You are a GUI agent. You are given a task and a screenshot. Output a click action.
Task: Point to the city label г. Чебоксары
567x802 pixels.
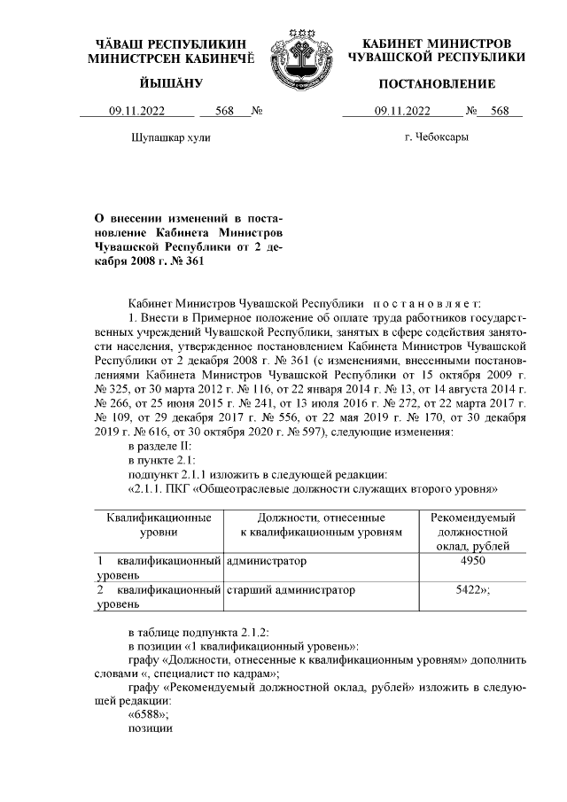[x=436, y=138]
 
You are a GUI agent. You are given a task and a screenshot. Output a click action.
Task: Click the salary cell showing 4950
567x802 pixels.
[x=472, y=562]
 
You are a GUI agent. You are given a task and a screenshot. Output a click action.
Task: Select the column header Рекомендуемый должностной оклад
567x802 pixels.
[x=472, y=531]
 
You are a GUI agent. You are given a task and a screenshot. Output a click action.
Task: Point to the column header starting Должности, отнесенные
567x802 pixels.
[x=321, y=524]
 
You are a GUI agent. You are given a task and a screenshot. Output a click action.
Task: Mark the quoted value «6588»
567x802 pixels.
[x=149, y=714]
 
